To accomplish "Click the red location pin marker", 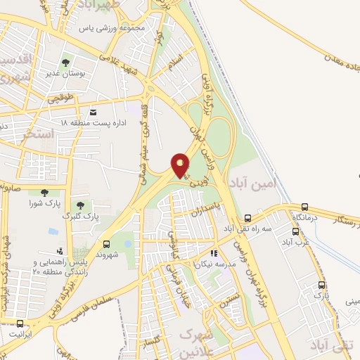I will coord(181,165).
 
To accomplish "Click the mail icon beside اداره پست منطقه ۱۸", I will coord(93,112).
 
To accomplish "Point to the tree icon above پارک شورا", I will coord(45,192).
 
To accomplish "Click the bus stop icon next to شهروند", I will coord(107,244).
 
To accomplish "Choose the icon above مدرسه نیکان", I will coord(214,253).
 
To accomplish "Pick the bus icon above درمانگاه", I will coord(304,207).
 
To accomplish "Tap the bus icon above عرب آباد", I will coord(293,231).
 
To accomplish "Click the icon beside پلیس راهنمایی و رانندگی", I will coord(60,250).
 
